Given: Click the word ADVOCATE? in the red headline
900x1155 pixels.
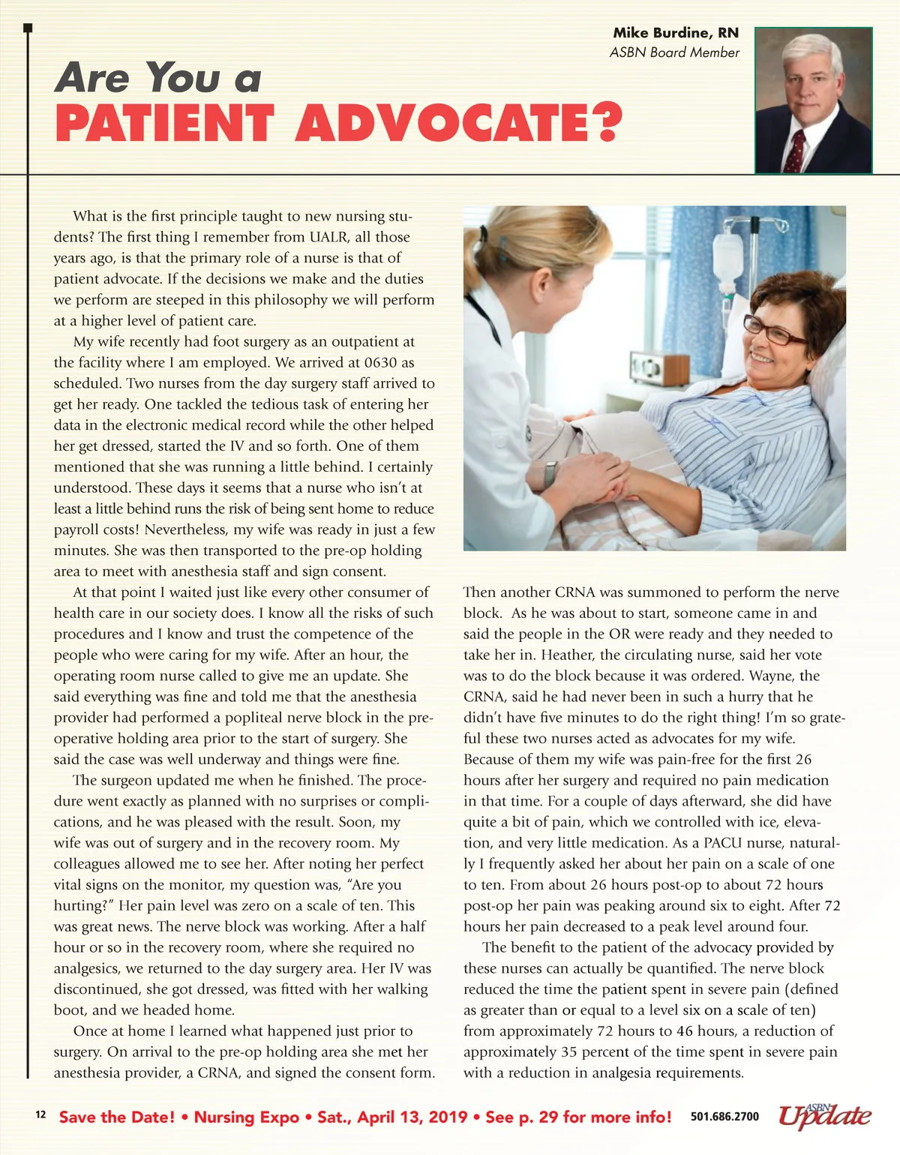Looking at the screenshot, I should click(459, 124).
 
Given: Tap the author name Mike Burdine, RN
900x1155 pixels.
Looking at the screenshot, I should click(675, 33).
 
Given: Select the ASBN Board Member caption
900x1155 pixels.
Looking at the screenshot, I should click(674, 52).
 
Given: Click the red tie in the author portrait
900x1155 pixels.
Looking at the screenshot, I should click(796, 151).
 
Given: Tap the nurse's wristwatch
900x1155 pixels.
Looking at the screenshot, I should click(551, 474).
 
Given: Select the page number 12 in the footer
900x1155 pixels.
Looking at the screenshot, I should click(40, 1115).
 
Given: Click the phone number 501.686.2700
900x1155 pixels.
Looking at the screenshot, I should click(724, 1117).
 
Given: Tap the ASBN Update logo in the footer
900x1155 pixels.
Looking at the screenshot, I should click(824, 1115).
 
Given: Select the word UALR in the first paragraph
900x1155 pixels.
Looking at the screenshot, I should click(328, 237).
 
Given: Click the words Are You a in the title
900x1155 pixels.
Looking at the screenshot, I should click(157, 78).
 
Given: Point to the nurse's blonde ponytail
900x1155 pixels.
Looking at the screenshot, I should click(480, 247).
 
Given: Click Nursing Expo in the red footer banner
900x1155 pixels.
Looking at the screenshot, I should click(247, 1117).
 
